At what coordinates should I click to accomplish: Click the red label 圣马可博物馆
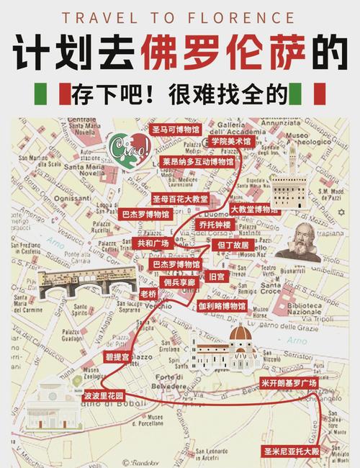tap(176, 130)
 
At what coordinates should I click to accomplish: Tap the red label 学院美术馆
tap(231, 143)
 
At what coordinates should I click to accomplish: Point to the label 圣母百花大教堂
tap(180, 198)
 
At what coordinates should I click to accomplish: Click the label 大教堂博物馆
tap(254, 210)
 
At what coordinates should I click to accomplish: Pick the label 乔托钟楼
tap(215, 225)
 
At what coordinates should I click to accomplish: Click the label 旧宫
tap(216, 276)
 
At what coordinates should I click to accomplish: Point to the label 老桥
tap(148, 294)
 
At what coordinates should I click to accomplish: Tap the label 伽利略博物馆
tap(222, 305)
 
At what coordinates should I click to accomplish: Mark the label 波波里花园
tap(104, 396)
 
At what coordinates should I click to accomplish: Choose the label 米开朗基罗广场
tap(289, 383)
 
